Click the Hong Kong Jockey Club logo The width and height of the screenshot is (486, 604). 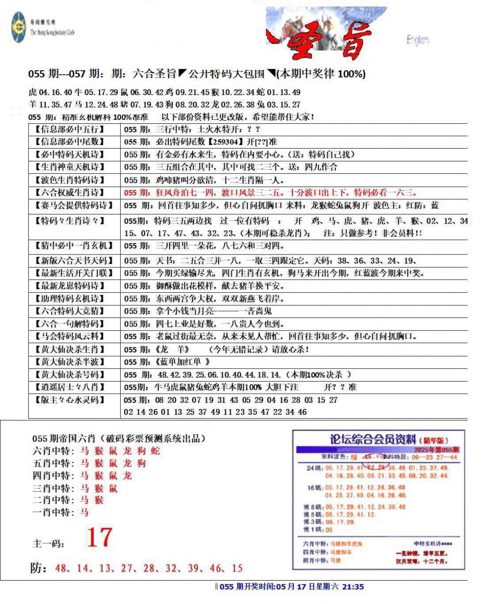(19, 27)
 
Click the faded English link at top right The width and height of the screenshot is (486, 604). (417, 40)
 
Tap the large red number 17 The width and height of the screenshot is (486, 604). (99, 537)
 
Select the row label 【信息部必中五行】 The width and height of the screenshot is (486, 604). (70, 129)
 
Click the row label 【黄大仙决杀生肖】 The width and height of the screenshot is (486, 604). (70, 350)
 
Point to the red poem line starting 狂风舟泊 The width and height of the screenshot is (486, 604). (270, 193)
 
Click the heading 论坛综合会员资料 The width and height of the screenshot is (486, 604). (373, 439)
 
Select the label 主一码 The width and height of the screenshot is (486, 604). (48, 544)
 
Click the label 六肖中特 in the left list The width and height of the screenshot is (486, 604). (51, 451)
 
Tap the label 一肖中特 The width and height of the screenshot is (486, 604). (51, 512)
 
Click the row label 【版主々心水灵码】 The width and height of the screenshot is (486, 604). (70, 400)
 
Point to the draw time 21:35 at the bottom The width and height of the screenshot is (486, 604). (353, 586)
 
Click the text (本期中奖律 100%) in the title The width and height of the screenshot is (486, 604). (321, 74)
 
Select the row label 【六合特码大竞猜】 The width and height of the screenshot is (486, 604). (70, 311)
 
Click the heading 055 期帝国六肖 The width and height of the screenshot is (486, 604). (63, 438)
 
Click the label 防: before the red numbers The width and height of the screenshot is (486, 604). (39, 568)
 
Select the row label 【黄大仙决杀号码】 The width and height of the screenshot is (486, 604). (70, 375)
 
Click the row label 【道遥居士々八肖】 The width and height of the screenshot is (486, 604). (70, 387)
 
